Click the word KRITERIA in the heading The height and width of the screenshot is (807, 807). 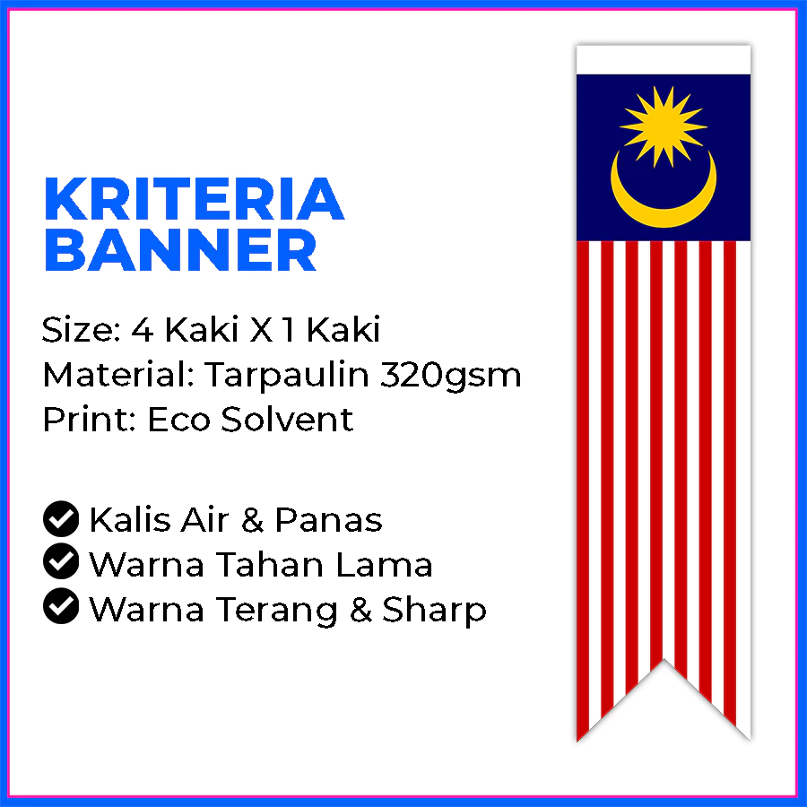(x=194, y=199)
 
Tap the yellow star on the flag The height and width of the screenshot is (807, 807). (x=663, y=126)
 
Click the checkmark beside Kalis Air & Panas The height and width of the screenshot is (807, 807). (x=61, y=519)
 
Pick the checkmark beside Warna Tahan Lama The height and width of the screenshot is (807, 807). (x=61, y=561)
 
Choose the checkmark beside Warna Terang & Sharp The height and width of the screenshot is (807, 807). (x=61, y=606)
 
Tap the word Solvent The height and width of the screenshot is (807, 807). (x=287, y=420)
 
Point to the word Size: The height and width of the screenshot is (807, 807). (x=82, y=330)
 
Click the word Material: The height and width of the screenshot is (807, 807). (x=118, y=375)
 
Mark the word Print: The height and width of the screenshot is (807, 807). (x=90, y=420)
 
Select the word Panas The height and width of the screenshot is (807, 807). (x=329, y=520)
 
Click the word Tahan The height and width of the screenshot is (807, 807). (x=270, y=565)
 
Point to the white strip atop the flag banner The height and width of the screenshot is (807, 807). (x=664, y=60)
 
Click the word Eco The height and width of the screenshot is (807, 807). (x=179, y=420)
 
